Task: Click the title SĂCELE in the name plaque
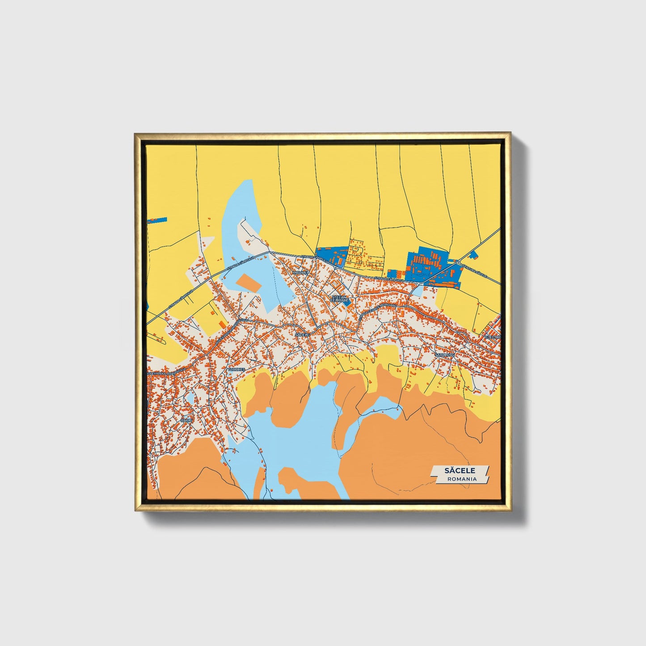[x=460, y=470]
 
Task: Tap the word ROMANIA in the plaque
[x=462, y=479]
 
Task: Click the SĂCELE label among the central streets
[x=302, y=334]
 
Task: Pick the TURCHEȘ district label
[x=236, y=370]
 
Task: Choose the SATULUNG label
[x=445, y=355]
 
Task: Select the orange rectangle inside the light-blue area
[x=248, y=283]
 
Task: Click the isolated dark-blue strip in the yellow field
[x=157, y=220]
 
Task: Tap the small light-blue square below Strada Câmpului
[x=416, y=291]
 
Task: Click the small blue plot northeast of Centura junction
[x=474, y=255]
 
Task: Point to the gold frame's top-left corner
[x=135, y=134]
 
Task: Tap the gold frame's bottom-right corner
[x=510, y=510]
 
